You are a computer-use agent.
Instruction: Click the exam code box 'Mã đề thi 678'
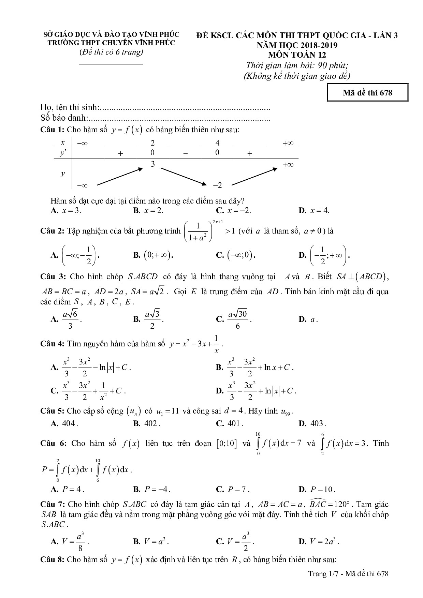click(x=367, y=93)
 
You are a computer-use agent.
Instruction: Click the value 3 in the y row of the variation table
click(x=153, y=164)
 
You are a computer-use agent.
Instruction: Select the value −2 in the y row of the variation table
click(x=217, y=185)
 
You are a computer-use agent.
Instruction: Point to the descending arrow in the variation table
click(x=184, y=176)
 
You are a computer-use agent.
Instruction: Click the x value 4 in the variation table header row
click(x=217, y=143)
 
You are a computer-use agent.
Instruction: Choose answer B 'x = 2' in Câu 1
click(x=148, y=211)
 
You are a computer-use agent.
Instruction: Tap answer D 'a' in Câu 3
click(x=309, y=319)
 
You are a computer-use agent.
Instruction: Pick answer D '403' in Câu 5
click(x=312, y=423)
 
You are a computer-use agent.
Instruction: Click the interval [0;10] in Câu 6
click(x=226, y=444)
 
